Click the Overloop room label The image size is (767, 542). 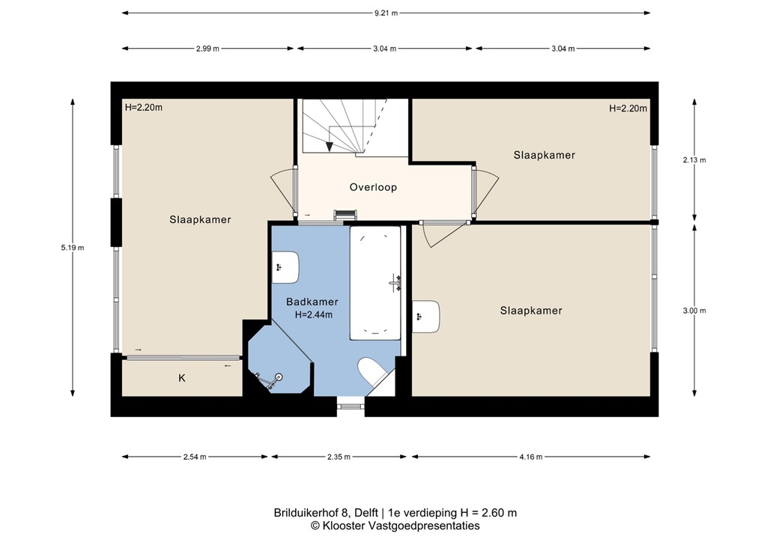point(373,187)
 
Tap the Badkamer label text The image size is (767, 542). point(312,302)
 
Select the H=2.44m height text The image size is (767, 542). point(313,315)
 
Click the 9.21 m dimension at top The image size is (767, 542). point(387,12)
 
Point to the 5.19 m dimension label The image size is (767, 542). point(73,248)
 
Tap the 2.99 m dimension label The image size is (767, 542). point(207,49)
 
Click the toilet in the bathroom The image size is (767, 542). point(372,372)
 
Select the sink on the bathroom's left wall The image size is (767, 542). point(286,267)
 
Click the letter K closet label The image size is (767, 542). point(181,379)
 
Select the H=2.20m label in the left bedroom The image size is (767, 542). point(144,107)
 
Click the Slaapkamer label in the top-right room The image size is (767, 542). point(545,155)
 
